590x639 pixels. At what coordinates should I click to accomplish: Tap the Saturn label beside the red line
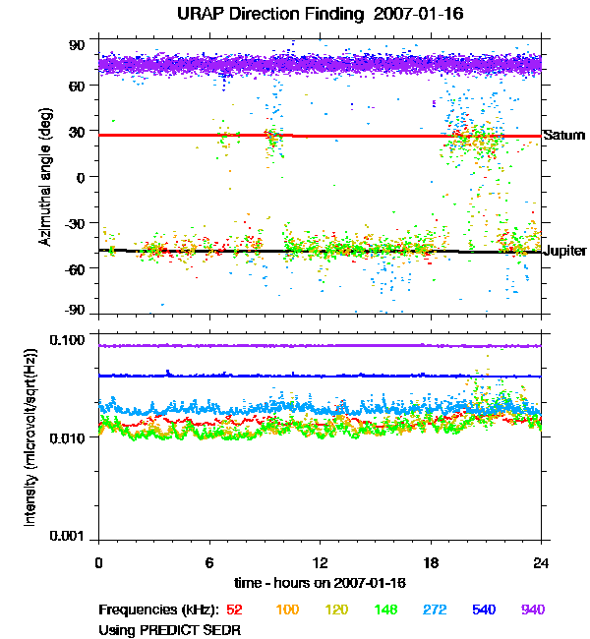(x=564, y=135)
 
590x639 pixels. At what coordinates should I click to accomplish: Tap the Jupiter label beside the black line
(x=565, y=251)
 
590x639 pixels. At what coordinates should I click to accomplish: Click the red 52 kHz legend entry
(x=234, y=610)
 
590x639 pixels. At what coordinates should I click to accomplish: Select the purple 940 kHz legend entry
(x=532, y=610)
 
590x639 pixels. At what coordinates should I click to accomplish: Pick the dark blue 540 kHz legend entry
(x=484, y=610)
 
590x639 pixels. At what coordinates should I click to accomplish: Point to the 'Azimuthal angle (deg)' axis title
(x=44, y=178)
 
